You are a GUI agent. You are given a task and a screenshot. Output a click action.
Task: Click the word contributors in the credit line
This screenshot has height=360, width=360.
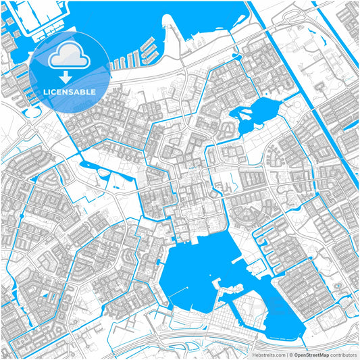click(342, 354)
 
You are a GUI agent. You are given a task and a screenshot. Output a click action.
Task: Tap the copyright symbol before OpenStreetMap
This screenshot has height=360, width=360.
click(291, 354)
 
